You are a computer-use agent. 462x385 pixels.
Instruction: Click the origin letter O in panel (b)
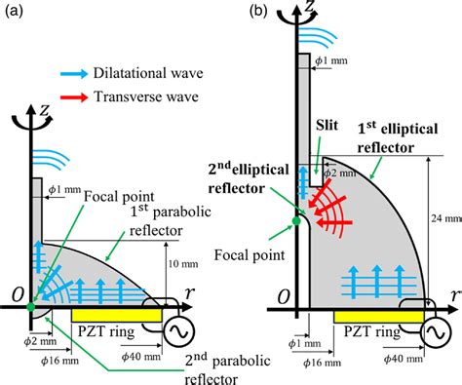tap(283, 293)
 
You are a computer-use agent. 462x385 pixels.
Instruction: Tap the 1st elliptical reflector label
tap(395, 137)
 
